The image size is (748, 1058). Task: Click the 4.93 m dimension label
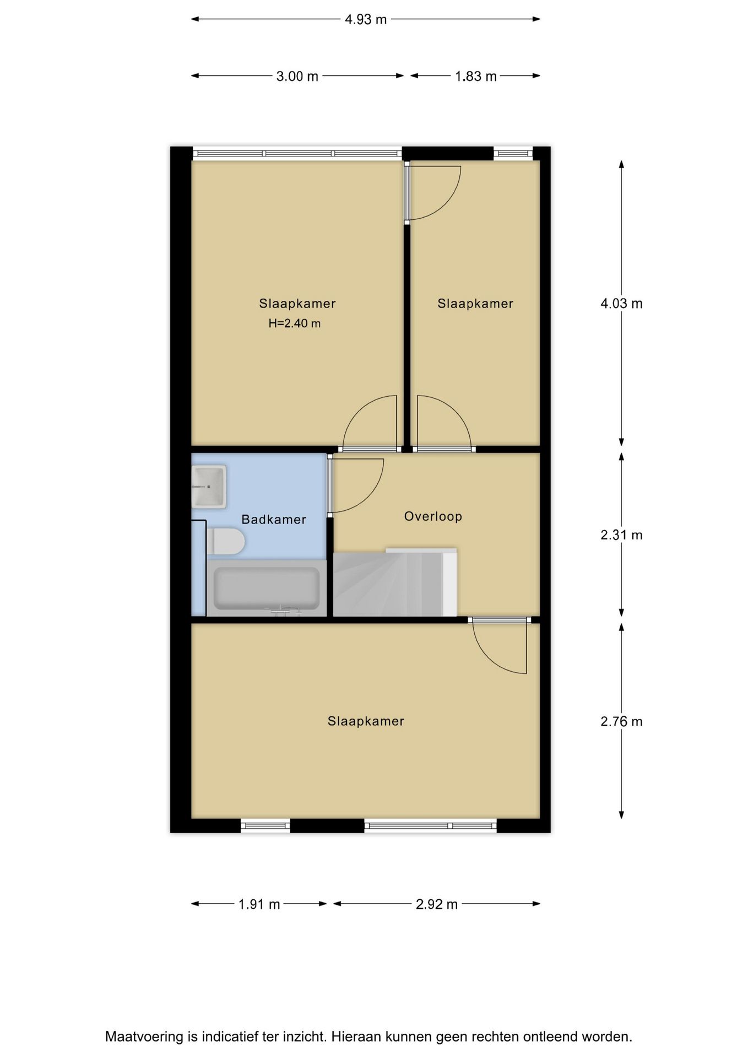[x=365, y=19]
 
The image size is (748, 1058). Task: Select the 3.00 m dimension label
[x=297, y=76]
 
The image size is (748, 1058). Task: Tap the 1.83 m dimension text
[x=475, y=76]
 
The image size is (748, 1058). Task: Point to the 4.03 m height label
[x=621, y=304]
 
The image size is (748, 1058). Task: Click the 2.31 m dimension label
[x=621, y=535]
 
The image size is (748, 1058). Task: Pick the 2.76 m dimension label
[x=621, y=721]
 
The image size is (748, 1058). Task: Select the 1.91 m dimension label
[x=259, y=904]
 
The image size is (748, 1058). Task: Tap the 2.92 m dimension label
[x=436, y=904]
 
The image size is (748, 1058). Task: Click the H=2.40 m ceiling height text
[x=295, y=323]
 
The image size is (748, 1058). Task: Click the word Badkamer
[x=274, y=520]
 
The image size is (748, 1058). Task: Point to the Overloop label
[x=433, y=516]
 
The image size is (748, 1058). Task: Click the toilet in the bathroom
[x=225, y=542]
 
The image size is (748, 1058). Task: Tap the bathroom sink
[x=209, y=486]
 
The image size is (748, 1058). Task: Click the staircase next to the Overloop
[x=394, y=584]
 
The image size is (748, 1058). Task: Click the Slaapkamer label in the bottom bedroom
[x=366, y=721]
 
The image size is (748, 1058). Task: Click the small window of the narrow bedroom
[x=513, y=154]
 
